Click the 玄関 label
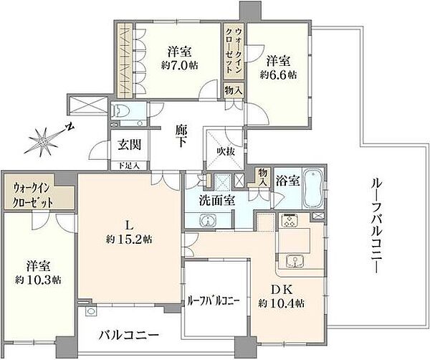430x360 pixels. (129, 145)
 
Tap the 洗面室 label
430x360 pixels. (218, 200)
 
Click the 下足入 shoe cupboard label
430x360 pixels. (128, 165)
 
